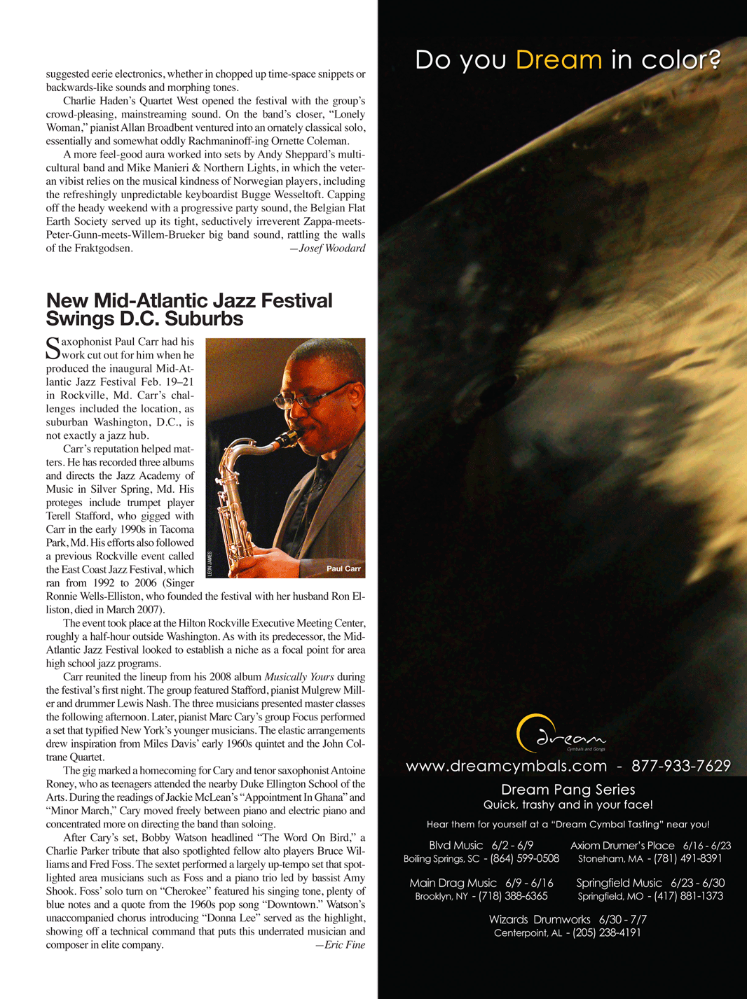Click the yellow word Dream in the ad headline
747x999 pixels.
(558, 60)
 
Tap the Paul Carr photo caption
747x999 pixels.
(343, 568)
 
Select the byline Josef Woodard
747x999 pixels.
(331, 249)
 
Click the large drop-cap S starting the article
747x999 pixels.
(53, 348)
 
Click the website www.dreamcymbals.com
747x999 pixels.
(506, 766)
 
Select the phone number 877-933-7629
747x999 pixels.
(681, 766)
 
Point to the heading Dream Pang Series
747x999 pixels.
(568, 790)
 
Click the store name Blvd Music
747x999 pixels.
(456, 846)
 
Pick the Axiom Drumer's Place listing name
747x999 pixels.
(622, 846)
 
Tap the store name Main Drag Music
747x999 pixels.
(453, 883)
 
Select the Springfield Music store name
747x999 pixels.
(619, 883)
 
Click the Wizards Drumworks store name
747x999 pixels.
(540, 920)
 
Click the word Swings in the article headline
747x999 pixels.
(78, 319)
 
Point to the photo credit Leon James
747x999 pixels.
(210, 564)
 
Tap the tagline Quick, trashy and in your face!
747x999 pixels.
(568, 805)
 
